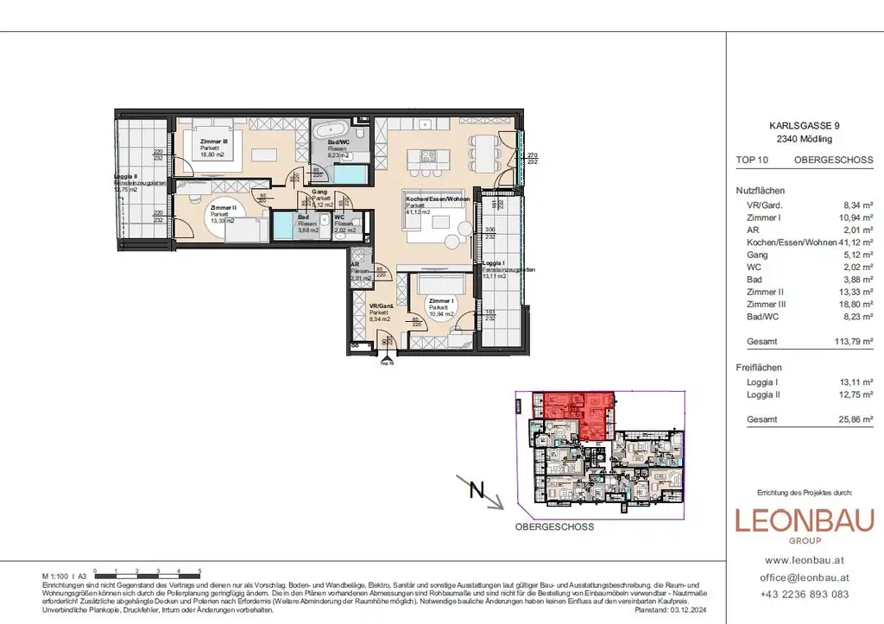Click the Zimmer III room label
(213, 141)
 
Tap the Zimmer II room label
(221, 208)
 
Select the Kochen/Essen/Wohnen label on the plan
(431, 199)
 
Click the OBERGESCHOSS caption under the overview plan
(554, 526)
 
